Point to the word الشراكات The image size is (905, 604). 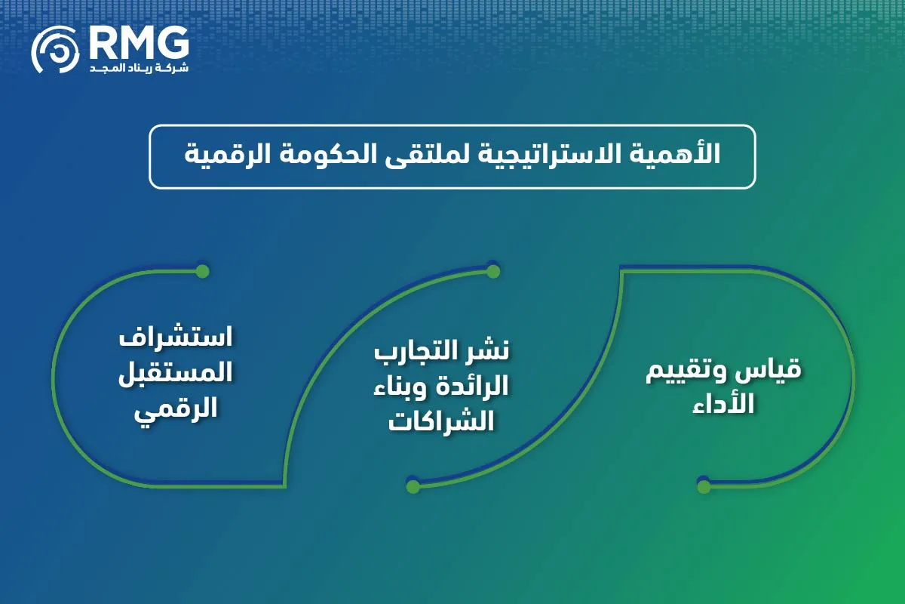441,422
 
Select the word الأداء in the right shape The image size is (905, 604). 727,403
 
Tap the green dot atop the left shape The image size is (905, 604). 201,271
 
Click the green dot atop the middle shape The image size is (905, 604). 493,271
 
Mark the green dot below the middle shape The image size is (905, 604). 413,486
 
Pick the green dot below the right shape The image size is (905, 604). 704,486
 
